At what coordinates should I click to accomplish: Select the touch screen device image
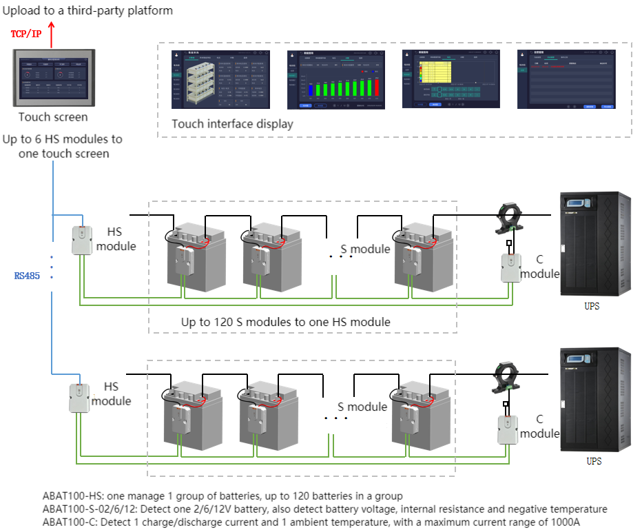point(52,78)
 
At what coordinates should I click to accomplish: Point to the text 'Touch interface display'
point(232,124)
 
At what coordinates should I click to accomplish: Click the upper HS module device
point(82,241)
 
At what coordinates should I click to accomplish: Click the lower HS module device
point(79,398)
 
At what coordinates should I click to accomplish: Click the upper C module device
point(510,267)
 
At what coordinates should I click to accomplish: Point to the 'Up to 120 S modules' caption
point(285,322)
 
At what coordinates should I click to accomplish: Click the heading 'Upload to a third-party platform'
point(87,10)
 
